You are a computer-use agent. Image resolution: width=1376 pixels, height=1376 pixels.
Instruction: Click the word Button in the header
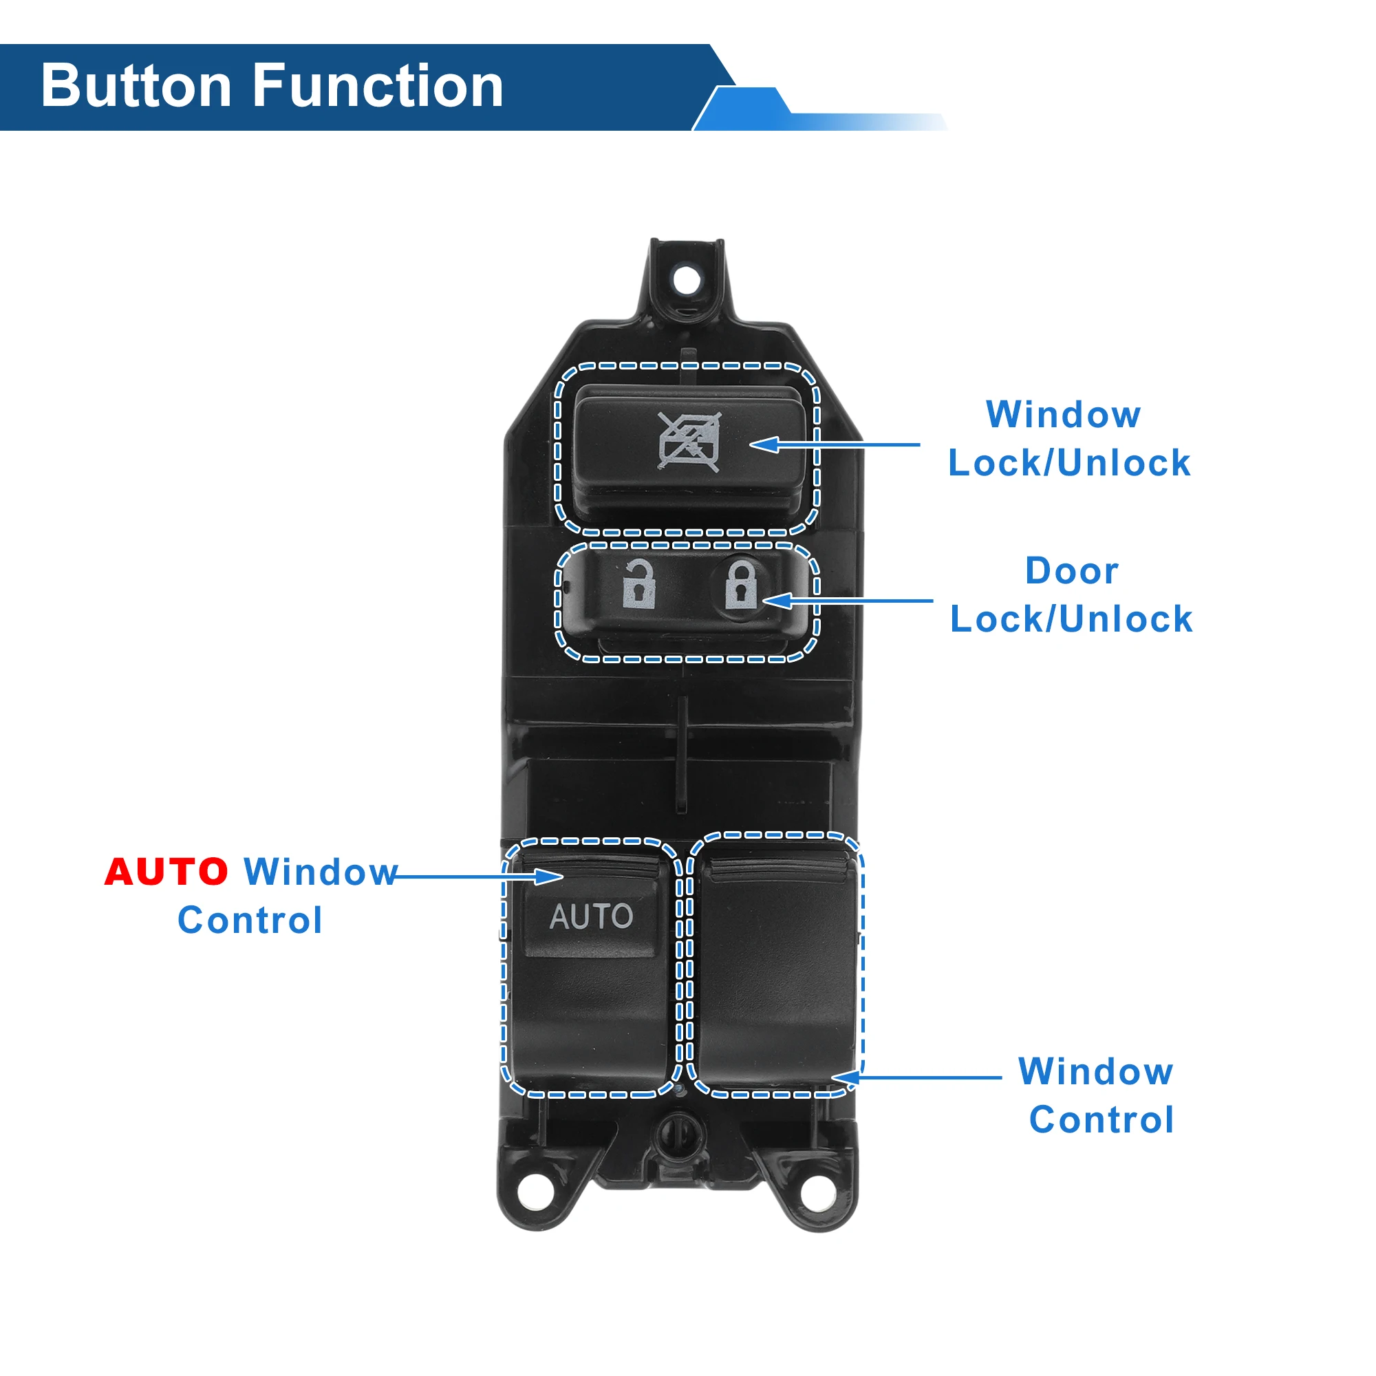[x=136, y=86]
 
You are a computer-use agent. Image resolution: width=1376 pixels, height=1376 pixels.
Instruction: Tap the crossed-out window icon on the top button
[x=689, y=442]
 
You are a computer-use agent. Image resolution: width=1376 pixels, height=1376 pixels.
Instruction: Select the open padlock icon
[x=638, y=585]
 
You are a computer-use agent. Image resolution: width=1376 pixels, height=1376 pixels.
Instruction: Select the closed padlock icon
[x=741, y=585]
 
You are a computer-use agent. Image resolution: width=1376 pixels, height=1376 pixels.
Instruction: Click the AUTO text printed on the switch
[x=591, y=916]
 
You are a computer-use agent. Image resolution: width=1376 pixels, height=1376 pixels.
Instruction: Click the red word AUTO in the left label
[x=166, y=872]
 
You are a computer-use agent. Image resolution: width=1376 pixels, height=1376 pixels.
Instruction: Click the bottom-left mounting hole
[x=535, y=1192]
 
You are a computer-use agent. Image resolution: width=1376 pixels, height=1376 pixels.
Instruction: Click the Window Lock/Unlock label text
[x=1068, y=439]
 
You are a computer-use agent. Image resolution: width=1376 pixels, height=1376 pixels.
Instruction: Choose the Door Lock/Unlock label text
[x=1071, y=594]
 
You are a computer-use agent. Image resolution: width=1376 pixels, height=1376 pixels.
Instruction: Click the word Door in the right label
[x=1071, y=570]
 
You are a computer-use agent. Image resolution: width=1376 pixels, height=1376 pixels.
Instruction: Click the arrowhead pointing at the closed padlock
[x=775, y=601]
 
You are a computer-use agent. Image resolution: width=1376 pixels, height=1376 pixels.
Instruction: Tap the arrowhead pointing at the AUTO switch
[x=552, y=876]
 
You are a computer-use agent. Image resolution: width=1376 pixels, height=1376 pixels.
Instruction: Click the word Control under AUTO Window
[x=250, y=920]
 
